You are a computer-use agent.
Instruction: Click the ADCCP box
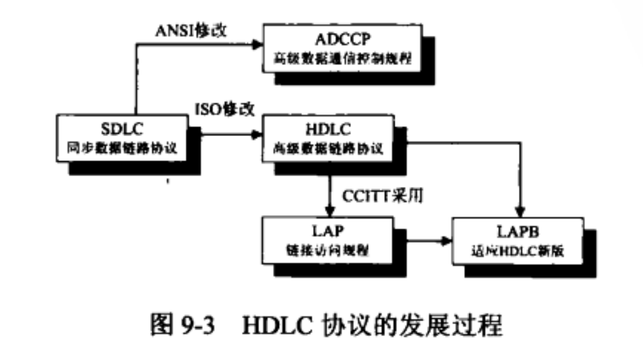pyautogui.click(x=343, y=49)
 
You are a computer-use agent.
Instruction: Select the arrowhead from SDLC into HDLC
pyautogui.click(x=257, y=135)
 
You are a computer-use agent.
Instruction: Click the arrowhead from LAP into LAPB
pyautogui.click(x=448, y=240)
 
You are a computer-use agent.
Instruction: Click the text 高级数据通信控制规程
pyautogui.click(x=343, y=59)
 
